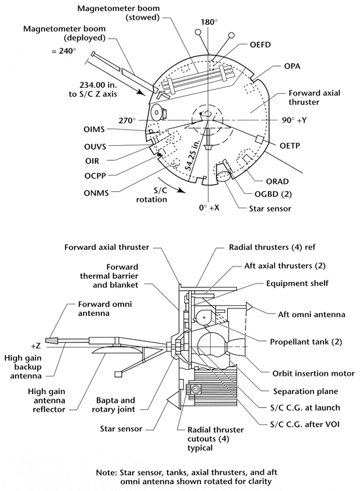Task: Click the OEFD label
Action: tap(260, 45)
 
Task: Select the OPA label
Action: tap(292, 66)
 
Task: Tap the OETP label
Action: tap(289, 145)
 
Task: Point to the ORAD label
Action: tap(278, 181)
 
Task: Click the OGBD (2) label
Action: tap(273, 194)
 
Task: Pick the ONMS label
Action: tap(96, 193)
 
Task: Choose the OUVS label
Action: tap(95, 147)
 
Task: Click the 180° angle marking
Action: tap(209, 22)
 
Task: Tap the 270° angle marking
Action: tap(127, 120)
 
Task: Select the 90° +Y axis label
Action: tap(294, 120)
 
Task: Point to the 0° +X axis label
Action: tap(209, 208)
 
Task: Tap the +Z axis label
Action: tap(36, 346)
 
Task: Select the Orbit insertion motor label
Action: tap(314, 374)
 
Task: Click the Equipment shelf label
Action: tap(297, 283)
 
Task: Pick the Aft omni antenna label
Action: tap(312, 314)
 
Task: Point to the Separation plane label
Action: tap(306, 391)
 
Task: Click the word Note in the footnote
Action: tap(106, 473)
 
